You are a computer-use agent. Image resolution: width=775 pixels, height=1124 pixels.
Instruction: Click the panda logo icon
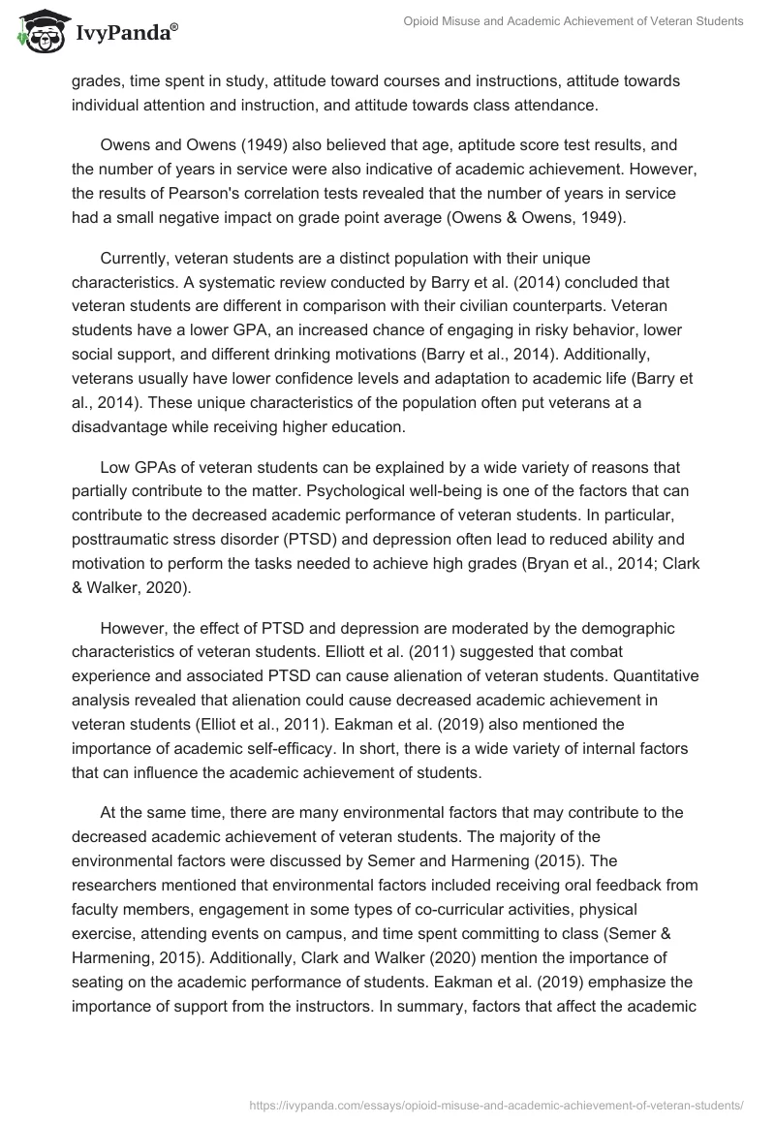pyautogui.click(x=40, y=30)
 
